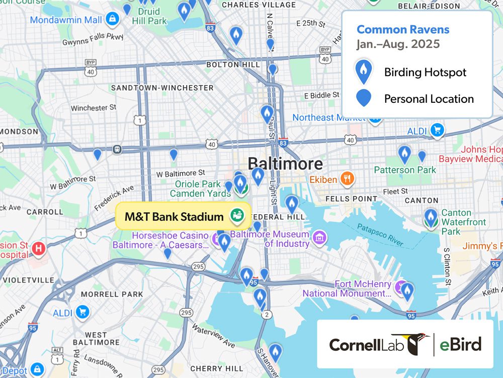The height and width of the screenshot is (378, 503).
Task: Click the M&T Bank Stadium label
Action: tap(174, 217)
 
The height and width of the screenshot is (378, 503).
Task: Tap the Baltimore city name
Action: tap(285, 163)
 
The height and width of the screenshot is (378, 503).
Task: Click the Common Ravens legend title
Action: tap(403, 29)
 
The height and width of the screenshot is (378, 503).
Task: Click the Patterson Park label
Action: tap(405, 170)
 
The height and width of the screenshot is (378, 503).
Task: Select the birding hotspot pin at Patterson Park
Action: tap(404, 154)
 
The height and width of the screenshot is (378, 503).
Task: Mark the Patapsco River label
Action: tap(380, 235)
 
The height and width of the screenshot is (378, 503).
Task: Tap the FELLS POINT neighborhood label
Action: tap(351, 199)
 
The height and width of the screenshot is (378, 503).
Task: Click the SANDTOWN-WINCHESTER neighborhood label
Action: tap(162, 88)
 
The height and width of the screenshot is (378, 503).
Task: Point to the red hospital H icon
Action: tap(38, 248)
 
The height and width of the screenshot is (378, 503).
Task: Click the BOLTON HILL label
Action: tap(230, 65)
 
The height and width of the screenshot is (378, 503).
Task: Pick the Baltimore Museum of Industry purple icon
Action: tap(318, 236)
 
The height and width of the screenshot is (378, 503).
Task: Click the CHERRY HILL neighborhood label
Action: tap(217, 368)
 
